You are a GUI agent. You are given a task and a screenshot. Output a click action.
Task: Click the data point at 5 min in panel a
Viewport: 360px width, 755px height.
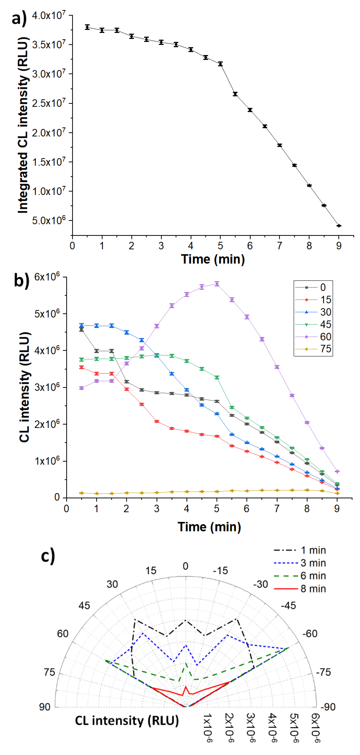[220, 64]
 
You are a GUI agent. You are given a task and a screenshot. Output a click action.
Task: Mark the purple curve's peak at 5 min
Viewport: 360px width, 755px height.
[217, 284]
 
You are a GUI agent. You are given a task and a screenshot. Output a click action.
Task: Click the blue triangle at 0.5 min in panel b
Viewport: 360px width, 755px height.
[81, 325]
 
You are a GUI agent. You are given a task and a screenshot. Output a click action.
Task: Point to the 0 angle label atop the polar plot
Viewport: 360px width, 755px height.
[185, 566]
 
